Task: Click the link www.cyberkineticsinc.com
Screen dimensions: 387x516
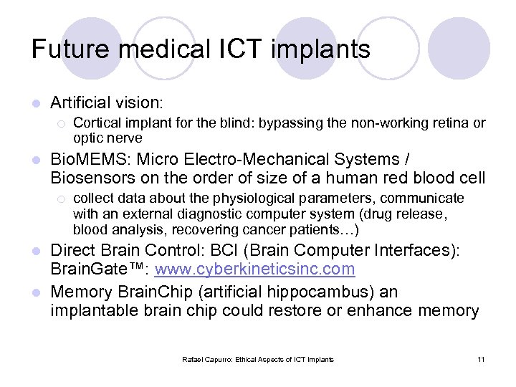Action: coord(254,269)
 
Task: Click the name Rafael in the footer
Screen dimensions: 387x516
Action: coord(193,359)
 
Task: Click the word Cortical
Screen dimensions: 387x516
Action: coord(96,123)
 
